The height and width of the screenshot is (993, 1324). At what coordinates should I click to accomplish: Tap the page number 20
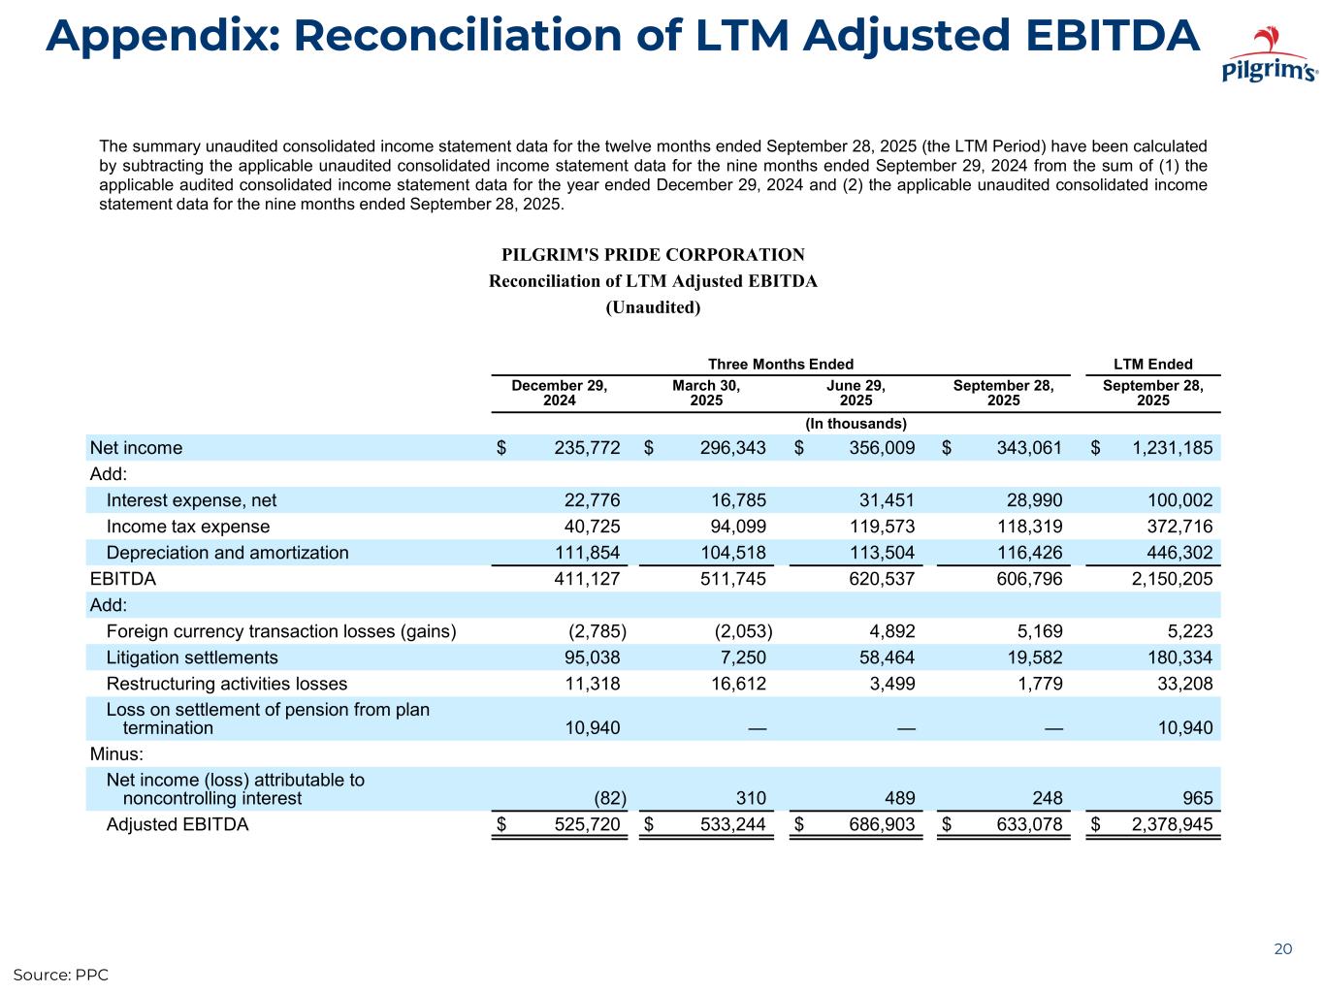click(x=1282, y=949)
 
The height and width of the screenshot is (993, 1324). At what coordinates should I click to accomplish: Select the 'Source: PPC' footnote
click(x=60, y=974)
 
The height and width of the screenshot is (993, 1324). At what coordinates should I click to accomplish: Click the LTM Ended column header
click(x=1152, y=365)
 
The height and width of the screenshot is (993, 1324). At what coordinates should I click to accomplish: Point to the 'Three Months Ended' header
click(x=780, y=365)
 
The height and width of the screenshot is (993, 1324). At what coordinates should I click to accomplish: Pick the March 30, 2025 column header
click(x=706, y=393)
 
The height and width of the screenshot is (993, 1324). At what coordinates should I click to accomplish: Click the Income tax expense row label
click(x=188, y=527)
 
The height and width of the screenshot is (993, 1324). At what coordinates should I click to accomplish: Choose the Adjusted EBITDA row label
click(x=178, y=825)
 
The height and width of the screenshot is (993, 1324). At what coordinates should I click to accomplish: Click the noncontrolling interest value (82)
click(x=609, y=799)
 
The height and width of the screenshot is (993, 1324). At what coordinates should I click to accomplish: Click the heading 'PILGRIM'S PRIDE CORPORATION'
click(x=653, y=255)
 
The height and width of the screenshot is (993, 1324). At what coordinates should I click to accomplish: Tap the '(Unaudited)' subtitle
click(x=653, y=307)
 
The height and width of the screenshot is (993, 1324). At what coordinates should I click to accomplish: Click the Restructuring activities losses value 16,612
click(x=734, y=684)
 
